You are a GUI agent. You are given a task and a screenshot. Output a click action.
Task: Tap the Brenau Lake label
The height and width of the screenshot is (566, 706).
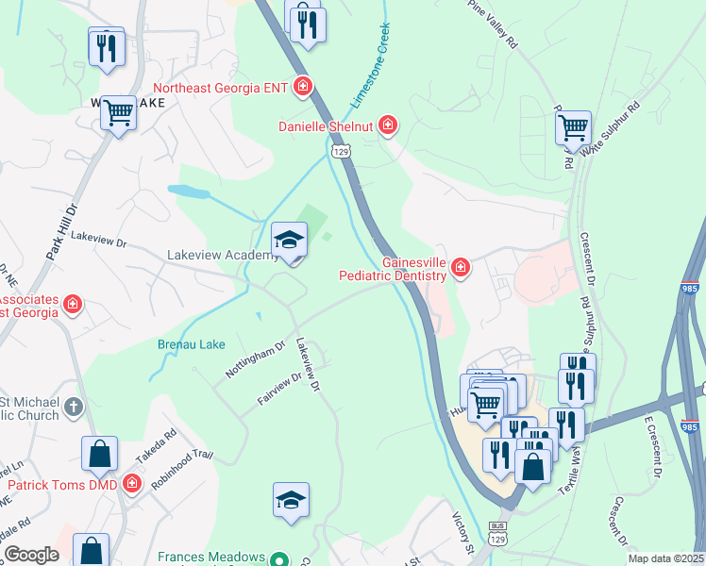point(191,344)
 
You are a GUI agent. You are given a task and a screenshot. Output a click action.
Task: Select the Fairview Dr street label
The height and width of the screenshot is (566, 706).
point(278,390)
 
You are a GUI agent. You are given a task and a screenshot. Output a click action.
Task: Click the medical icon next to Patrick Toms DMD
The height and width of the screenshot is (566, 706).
point(131,485)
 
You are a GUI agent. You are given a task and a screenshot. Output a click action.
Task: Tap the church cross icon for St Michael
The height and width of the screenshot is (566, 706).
point(74,408)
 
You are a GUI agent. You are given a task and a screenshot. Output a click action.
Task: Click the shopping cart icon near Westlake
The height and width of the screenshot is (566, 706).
point(119,114)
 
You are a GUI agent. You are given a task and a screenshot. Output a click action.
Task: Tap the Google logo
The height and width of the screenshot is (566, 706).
point(31,555)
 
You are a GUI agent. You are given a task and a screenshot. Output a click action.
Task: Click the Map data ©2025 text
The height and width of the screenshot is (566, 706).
point(664,558)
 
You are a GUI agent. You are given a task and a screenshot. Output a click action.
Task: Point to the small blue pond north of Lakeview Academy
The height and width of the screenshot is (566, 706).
point(190,191)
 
